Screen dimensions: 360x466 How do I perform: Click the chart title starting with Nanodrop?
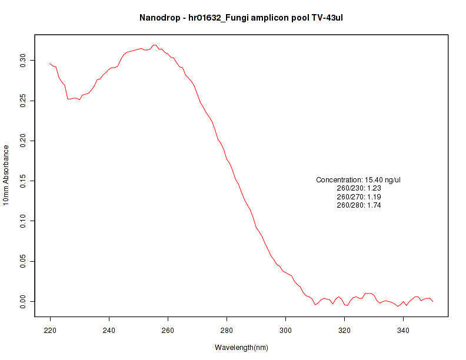[241, 18]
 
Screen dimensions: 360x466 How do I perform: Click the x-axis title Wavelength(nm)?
[241, 348]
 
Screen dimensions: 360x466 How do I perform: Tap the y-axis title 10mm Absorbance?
[6, 175]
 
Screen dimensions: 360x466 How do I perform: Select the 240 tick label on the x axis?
[109, 329]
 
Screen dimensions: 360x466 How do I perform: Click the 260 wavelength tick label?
[168, 329]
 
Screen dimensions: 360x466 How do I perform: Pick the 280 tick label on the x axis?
[227, 329]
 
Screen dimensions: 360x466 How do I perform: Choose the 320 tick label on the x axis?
[344, 329]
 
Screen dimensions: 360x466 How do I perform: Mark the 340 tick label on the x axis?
[403, 329]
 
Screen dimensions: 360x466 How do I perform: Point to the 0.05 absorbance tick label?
[23, 261]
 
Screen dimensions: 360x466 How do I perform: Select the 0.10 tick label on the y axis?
[23, 221]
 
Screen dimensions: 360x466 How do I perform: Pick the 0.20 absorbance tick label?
[23, 141]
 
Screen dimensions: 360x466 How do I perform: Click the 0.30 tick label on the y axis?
[23, 60]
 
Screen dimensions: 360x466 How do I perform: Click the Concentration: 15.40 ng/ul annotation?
[358, 179]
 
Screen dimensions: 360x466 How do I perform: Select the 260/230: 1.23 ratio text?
[359, 188]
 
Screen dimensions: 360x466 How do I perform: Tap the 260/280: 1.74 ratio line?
[359, 205]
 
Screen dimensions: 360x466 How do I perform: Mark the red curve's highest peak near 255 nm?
[154, 45]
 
